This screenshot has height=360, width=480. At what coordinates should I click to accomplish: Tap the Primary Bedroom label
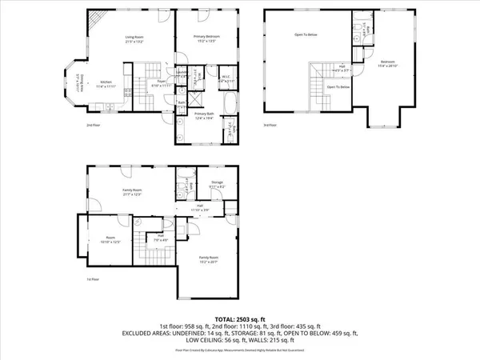point(206,38)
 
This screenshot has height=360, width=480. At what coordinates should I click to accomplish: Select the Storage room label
point(216,184)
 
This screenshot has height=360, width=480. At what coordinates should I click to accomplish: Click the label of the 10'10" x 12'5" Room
point(110,240)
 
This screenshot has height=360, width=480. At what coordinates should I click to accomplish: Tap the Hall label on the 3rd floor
point(341,68)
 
